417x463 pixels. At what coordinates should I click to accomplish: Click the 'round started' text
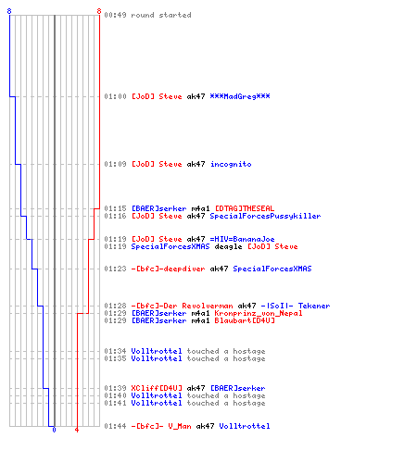point(161,15)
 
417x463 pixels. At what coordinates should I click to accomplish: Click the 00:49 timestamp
point(115,15)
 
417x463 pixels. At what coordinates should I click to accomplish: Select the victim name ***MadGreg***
point(240,96)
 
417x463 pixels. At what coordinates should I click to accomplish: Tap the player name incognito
point(231,164)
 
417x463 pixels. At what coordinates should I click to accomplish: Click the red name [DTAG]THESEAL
point(245,208)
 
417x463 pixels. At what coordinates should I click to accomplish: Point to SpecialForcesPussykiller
point(265,216)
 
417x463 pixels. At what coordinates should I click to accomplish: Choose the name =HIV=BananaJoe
point(242,239)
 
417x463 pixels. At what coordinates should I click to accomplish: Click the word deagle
point(228,246)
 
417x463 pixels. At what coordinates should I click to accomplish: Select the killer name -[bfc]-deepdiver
point(168,269)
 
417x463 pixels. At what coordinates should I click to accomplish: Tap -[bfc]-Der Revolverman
point(182,306)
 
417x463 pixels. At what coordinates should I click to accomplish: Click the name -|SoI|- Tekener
point(296,306)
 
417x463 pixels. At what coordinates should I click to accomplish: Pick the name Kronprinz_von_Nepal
point(259,313)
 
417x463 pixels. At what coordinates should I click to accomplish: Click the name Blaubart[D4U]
point(245,320)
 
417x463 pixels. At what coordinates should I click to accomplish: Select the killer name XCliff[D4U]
point(157,388)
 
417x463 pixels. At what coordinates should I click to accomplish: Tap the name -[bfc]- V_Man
point(161,426)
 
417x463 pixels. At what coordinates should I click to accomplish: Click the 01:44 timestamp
point(115,426)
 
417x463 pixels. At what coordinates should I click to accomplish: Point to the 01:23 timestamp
point(115,269)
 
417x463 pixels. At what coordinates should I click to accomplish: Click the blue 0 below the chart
point(54,430)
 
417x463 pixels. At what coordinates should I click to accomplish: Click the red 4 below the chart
point(77,430)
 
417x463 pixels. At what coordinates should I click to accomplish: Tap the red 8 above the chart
point(99,11)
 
